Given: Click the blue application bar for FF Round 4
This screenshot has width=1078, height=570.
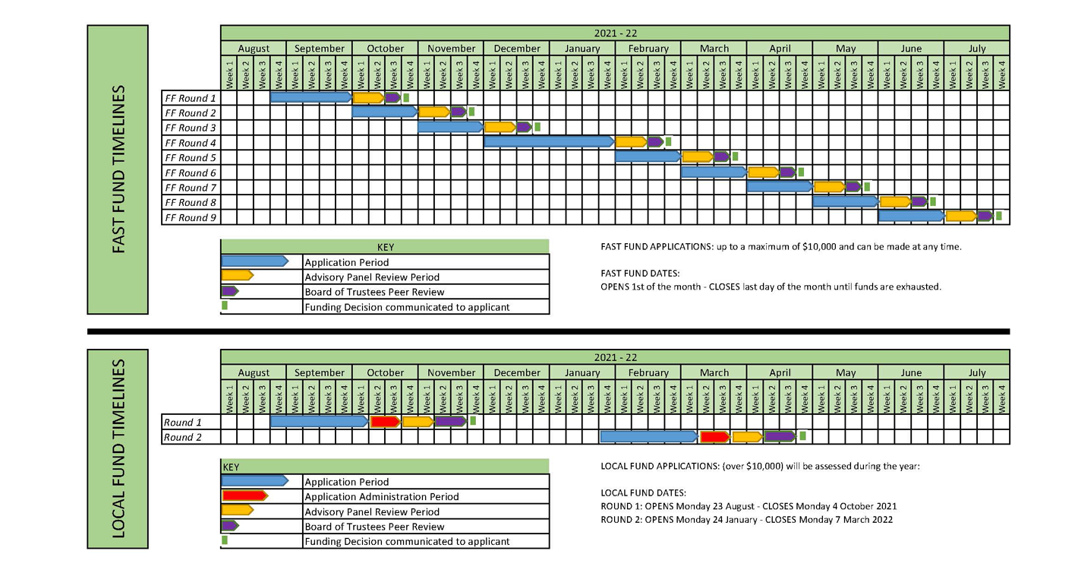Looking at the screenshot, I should (x=548, y=141).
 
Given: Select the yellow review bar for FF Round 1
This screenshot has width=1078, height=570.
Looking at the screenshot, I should (x=368, y=97).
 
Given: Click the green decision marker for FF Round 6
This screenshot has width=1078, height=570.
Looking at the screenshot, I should (x=801, y=172).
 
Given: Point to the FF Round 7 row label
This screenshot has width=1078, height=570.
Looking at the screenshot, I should (x=191, y=188).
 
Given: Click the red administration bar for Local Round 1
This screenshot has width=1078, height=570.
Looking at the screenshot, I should (x=386, y=422).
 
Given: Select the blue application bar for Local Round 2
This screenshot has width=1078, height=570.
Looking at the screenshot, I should (x=648, y=437).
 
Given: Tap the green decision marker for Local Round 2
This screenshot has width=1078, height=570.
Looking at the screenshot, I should (x=802, y=436).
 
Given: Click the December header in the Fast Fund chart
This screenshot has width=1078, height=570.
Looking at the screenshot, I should (x=517, y=49).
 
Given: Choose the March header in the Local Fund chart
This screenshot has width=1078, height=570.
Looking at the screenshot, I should (x=714, y=373).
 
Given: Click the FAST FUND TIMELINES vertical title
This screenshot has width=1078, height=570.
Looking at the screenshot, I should (x=118, y=169).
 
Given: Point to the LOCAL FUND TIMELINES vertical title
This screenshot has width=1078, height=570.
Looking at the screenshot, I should (x=118, y=448).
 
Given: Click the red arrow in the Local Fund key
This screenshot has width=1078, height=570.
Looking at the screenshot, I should (x=244, y=496).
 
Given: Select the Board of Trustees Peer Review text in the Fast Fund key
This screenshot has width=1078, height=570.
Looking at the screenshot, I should (x=374, y=292).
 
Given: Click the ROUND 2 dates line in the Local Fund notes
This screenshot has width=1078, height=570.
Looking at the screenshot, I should (x=746, y=520).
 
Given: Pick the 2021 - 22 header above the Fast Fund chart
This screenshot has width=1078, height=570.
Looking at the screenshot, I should (x=615, y=33).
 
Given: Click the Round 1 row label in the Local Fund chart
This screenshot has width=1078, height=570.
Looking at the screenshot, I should (x=183, y=423).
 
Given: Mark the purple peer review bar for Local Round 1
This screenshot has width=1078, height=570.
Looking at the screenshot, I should (x=451, y=422).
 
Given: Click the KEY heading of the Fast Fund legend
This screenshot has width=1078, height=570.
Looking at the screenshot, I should (x=385, y=247).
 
